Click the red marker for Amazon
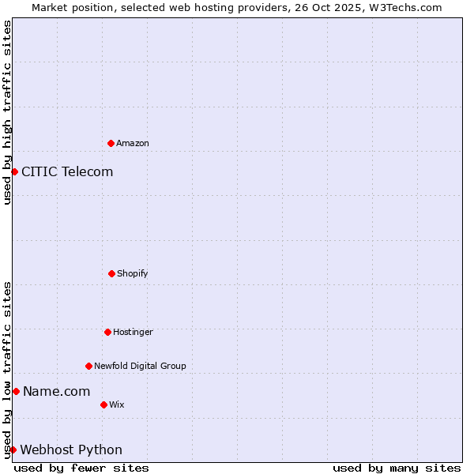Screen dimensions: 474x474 [x=111, y=143]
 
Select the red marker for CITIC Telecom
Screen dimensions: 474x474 [x=14, y=171]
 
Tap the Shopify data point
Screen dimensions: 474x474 [x=111, y=273]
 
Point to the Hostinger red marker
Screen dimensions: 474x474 [x=107, y=332]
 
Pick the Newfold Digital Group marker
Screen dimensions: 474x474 [x=88, y=366]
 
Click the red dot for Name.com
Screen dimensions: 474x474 [x=16, y=391]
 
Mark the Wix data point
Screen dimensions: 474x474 [x=103, y=404]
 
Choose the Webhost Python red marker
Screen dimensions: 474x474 [x=13, y=450]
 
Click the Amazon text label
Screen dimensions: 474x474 [x=133, y=143]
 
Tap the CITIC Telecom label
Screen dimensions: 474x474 [x=67, y=171]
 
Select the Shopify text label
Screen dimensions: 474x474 [x=133, y=273]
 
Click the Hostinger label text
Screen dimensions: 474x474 [x=133, y=332]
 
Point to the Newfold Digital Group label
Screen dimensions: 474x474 [x=140, y=366]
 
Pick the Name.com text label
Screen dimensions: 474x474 [x=56, y=391]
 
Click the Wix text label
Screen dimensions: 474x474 [x=116, y=404]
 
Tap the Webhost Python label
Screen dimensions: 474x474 [x=71, y=450]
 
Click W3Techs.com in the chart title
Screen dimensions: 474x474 [x=404, y=7]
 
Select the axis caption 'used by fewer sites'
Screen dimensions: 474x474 [x=81, y=468]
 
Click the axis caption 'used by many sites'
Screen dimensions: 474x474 [x=397, y=468]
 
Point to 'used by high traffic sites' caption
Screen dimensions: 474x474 [x=7, y=112]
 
